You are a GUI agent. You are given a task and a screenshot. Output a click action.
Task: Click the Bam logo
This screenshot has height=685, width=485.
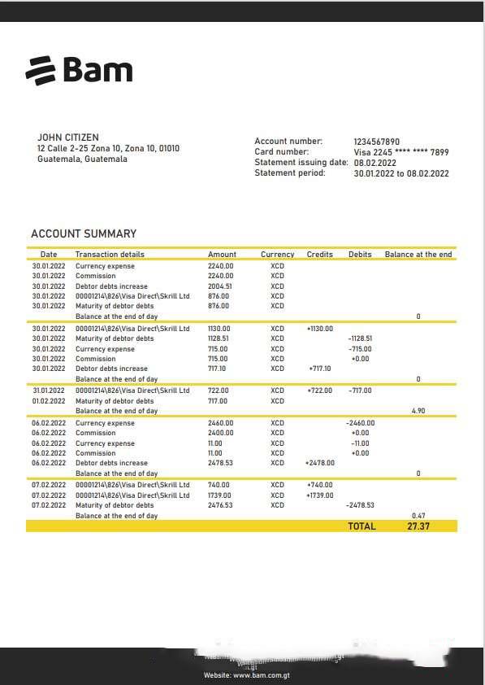click(x=79, y=70)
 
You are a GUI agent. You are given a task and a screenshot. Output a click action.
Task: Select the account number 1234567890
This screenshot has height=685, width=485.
click(x=376, y=142)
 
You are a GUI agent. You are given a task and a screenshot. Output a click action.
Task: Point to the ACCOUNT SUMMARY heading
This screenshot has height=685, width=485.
click(x=84, y=234)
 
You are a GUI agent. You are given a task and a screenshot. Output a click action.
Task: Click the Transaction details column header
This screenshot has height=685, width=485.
click(x=110, y=255)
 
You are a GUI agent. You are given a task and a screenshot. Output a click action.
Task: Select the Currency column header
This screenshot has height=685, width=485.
click(x=277, y=255)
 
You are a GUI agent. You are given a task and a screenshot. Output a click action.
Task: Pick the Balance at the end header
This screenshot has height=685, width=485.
click(x=418, y=255)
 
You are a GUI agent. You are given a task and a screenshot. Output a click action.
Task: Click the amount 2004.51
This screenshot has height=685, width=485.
click(x=219, y=286)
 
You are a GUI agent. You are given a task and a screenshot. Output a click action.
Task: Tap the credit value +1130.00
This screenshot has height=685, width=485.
click(x=320, y=329)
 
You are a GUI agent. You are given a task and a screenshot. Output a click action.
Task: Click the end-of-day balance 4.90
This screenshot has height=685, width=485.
click(x=418, y=411)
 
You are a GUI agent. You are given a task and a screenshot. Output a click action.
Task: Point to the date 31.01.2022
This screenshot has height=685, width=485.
click(x=48, y=390)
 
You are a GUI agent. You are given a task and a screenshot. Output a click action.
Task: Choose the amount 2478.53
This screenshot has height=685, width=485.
click(x=220, y=463)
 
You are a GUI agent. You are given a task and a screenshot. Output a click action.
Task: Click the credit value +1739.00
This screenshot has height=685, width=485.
click(x=320, y=495)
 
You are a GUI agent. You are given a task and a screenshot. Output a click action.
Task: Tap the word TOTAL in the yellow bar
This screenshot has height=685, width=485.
click(x=362, y=526)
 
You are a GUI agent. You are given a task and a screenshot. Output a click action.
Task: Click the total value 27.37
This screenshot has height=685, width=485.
click(x=418, y=526)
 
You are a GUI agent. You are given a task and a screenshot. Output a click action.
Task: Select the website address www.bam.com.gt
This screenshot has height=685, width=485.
click(x=258, y=675)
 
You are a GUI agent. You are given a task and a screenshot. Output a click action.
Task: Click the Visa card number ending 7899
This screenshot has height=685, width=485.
click(x=401, y=152)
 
